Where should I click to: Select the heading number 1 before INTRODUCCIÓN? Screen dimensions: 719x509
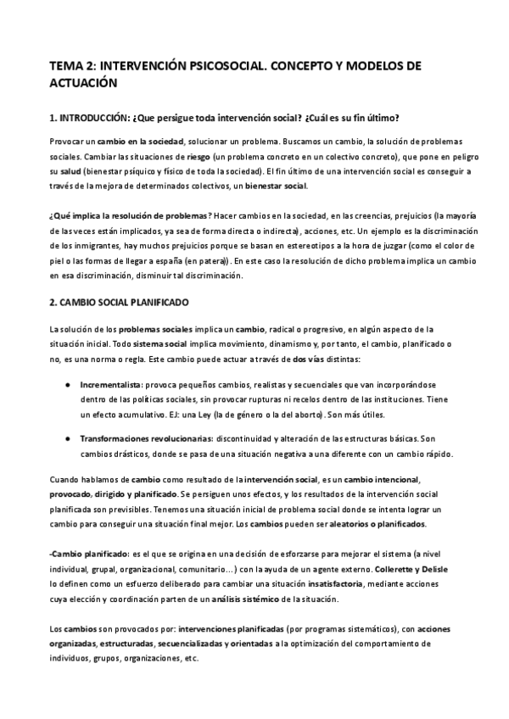point(53,118)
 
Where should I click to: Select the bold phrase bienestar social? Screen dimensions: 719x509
point(280,185)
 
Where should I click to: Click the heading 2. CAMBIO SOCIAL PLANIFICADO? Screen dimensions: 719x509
point(119,302)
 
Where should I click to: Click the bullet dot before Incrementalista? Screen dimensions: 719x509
point(67,385)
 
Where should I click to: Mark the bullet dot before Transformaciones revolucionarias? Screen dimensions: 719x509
point(67,438)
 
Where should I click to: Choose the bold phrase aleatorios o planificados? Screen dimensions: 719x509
point(378,524)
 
